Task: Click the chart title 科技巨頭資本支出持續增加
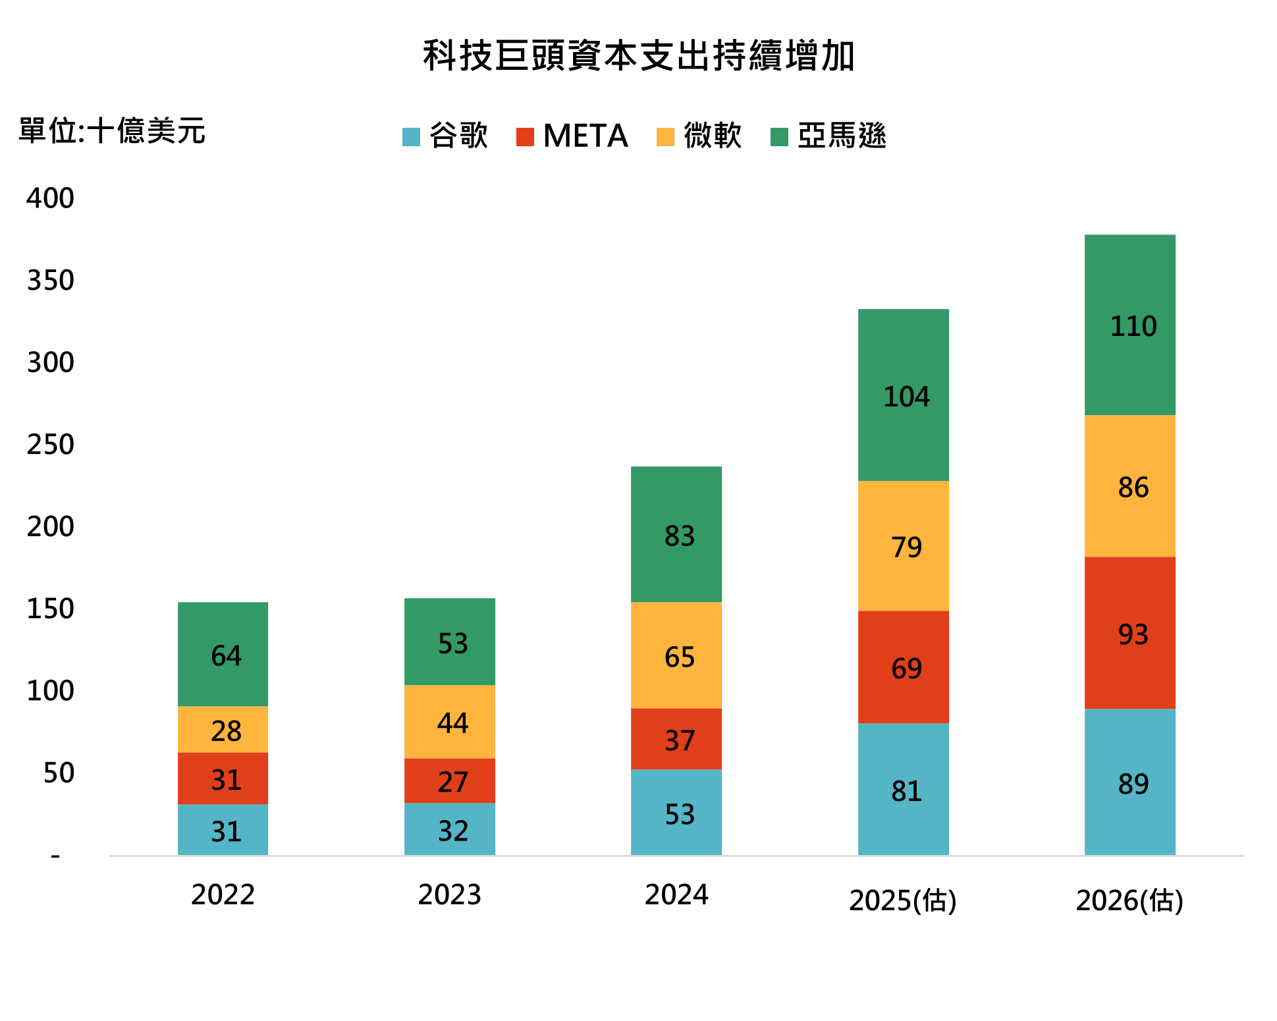639,55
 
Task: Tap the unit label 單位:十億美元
112,130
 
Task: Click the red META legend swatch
525,136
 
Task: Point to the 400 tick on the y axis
50,198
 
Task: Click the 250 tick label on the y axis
50,445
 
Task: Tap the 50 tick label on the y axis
59,773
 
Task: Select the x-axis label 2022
223,895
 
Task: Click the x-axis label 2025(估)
902,900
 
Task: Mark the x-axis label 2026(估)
1129,900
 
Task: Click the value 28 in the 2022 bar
226,731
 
